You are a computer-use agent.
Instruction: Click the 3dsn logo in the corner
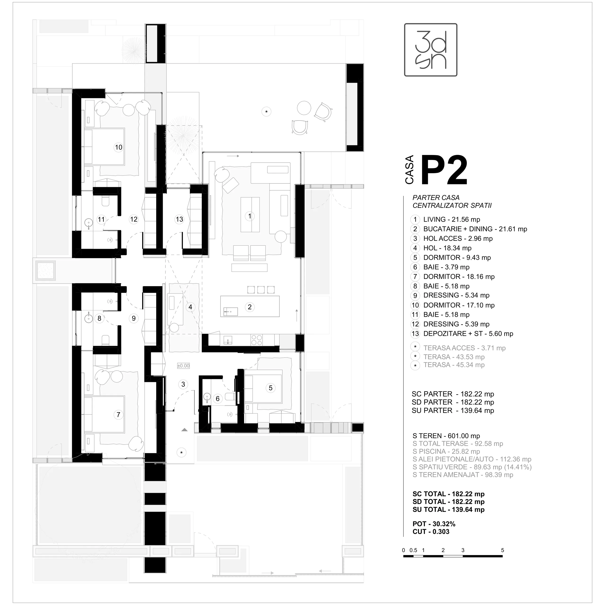(431, 50)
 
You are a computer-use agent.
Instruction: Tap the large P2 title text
(444, 171)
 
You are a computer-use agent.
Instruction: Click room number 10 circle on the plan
(118, 147)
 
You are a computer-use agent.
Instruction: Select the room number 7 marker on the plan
(118, 415)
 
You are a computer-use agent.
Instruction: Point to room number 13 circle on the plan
(179, 219)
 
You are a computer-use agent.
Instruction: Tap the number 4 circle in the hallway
(190, 307)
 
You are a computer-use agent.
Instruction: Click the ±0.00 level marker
(183, 365)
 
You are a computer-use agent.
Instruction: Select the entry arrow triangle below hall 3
(184, 430)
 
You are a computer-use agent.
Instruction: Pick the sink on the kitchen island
(230, 311)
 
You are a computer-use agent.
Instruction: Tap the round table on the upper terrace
(304, 108)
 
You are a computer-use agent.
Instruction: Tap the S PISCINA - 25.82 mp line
(446, 451)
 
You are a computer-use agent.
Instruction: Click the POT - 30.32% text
(434, 524)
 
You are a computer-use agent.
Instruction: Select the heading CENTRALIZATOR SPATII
(452, 205)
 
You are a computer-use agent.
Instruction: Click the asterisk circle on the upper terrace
(267, 112)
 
